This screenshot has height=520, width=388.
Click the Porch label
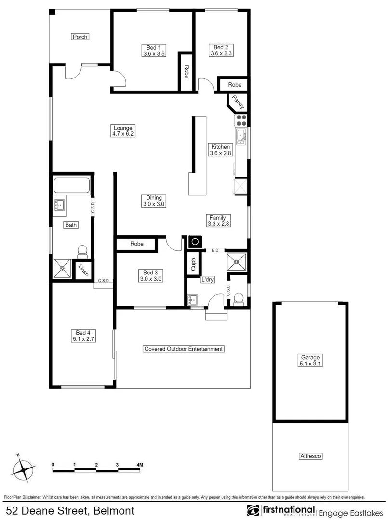80,37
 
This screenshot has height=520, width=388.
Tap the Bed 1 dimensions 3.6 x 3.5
154,54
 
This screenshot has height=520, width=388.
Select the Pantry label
238,102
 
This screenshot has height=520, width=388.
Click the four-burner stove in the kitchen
241,120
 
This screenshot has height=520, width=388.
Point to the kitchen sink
241,136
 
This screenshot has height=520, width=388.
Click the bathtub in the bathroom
72,186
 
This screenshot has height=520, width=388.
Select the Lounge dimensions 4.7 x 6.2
123,134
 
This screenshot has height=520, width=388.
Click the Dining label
154,197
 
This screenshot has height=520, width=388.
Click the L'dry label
208,279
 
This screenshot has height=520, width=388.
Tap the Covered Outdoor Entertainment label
184,349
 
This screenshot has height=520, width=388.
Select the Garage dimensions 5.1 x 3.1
311,364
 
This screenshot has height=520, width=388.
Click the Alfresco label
310,456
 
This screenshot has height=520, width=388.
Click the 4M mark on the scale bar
139,465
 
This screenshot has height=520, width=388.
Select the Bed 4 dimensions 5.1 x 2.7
83,339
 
